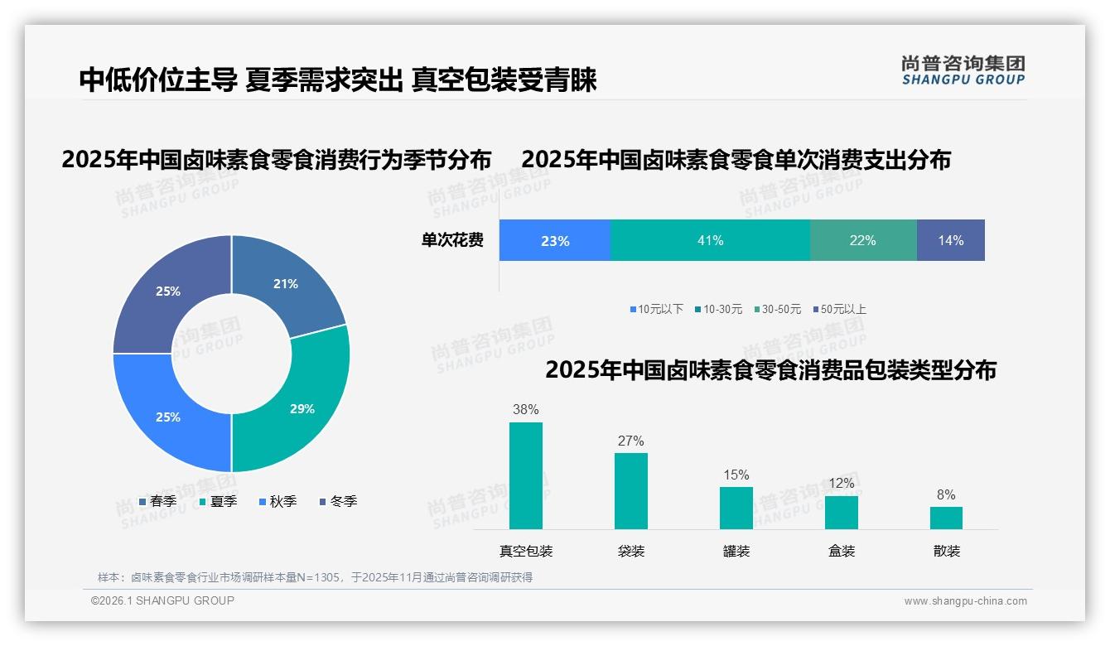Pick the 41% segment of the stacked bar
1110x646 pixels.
pyautogui.click(x=710, y=240)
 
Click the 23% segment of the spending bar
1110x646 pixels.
pyautogui.click(x=554, y=241)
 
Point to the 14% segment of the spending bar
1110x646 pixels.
pyautogui.click(x=950, y=240)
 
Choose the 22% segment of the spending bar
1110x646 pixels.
pyautogui.click(x=862, y=240)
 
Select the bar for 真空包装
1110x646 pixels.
pyautogui.click(x=526, y=475)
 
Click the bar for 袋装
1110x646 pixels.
pyautogui.click(x=631, y=490)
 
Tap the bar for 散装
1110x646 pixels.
pyautogui.click(x=946, y=518)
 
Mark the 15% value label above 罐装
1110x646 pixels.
pyautogui.click(x=736, y=475)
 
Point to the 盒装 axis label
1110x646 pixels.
pyautogui.click(x=841, y=551)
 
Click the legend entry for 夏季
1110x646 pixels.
pyautogui.click(x=219, y=501)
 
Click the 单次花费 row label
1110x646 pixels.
pyautogui.click(x=452, y=241)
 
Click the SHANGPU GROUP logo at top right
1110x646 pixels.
pyautogui.click(x=963, y=70)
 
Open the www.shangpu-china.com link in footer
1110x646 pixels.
pyautogui.click(x=965, y=600)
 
